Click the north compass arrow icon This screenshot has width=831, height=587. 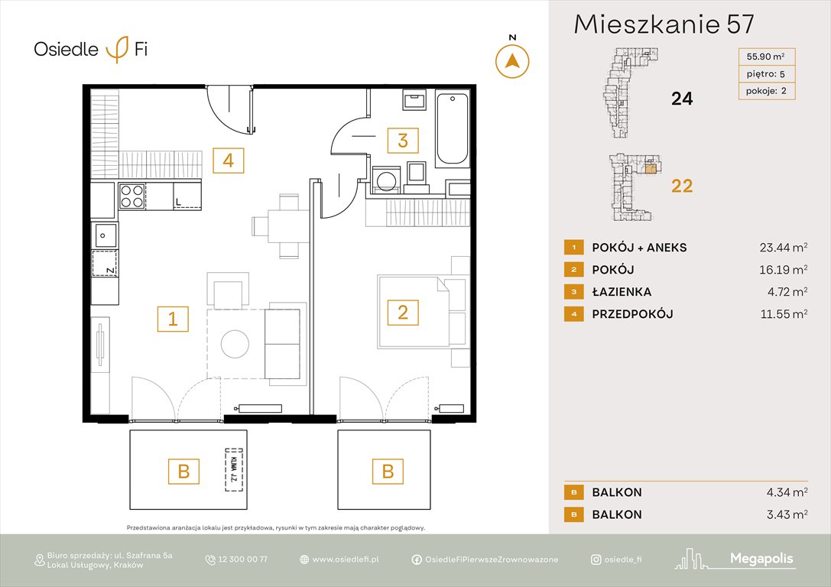point(512,60)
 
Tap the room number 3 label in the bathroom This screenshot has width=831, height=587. point(402,141)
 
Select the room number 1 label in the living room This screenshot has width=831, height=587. point(173,319)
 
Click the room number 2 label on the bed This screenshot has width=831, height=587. point(402,311)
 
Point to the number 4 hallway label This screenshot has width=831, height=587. point(228,161)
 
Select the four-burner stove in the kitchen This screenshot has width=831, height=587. point(133,196)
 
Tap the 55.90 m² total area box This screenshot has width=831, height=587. point(765,56)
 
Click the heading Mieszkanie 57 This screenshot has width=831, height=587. point(664,25)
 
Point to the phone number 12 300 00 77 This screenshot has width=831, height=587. point(243,559)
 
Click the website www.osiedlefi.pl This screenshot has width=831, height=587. point(346,559)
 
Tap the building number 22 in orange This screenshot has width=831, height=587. point(681,186)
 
